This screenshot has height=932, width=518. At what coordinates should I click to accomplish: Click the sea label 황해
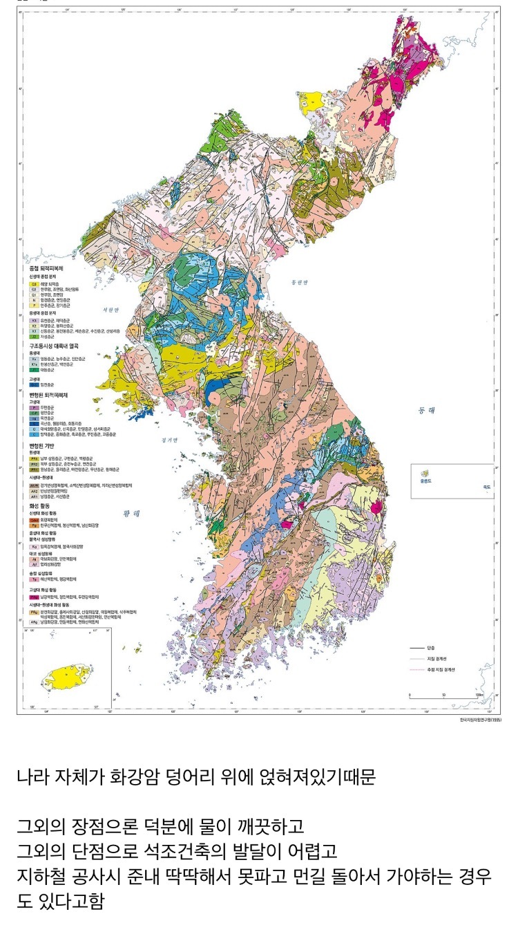(132, 514)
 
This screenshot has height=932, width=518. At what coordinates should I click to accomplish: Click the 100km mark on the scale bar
(477, 695)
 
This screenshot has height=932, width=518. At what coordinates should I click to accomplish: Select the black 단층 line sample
(416, 649)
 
